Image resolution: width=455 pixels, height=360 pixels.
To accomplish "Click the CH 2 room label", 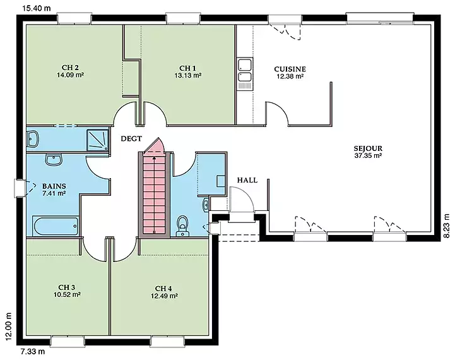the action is (70, 68).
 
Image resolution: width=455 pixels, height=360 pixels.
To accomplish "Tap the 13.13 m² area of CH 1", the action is (188, 76).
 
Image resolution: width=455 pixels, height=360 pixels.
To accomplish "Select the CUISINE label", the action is (290, 69).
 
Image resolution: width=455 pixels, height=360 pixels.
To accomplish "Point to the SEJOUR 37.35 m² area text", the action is (368, 155).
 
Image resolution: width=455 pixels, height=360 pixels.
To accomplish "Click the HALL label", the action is (247, 180).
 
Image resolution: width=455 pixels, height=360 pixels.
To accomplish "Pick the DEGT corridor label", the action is (131, 139).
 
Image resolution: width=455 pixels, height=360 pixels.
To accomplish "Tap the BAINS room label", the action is (54, 186).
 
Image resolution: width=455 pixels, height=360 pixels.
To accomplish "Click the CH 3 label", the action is (67, 287).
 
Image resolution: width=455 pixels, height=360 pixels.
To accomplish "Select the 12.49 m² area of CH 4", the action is (164, 296).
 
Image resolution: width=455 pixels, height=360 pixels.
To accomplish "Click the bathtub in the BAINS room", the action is (55, 226).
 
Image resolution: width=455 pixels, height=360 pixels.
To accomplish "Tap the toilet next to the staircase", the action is (182, 225).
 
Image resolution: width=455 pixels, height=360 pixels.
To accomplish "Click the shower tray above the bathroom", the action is (97, 140).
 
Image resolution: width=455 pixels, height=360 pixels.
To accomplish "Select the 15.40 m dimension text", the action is (37, 8).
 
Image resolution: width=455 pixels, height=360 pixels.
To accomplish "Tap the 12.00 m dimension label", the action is (9, 326).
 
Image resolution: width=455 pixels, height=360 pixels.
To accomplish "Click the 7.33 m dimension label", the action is (33, 352).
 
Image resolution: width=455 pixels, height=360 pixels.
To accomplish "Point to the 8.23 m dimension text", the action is (447, 226).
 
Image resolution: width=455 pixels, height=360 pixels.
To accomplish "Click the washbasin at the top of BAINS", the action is (54, 160).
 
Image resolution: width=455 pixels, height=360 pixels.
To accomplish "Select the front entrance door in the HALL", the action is (242, 199).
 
